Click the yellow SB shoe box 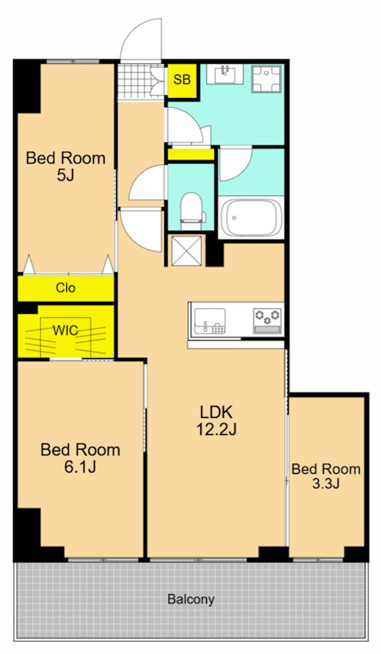pos(182,80)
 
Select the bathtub pos(251,217)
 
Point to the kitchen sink pos(210,321)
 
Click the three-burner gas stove pos(267,321)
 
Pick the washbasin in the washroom pos(226,74)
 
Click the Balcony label pos(191,599)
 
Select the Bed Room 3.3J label pos(326,476)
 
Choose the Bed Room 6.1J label pos(80,459)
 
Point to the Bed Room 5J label pos(65,167)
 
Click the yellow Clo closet pos(66,289)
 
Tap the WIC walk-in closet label pos(65,330)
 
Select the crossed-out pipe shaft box pos(186,250)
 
